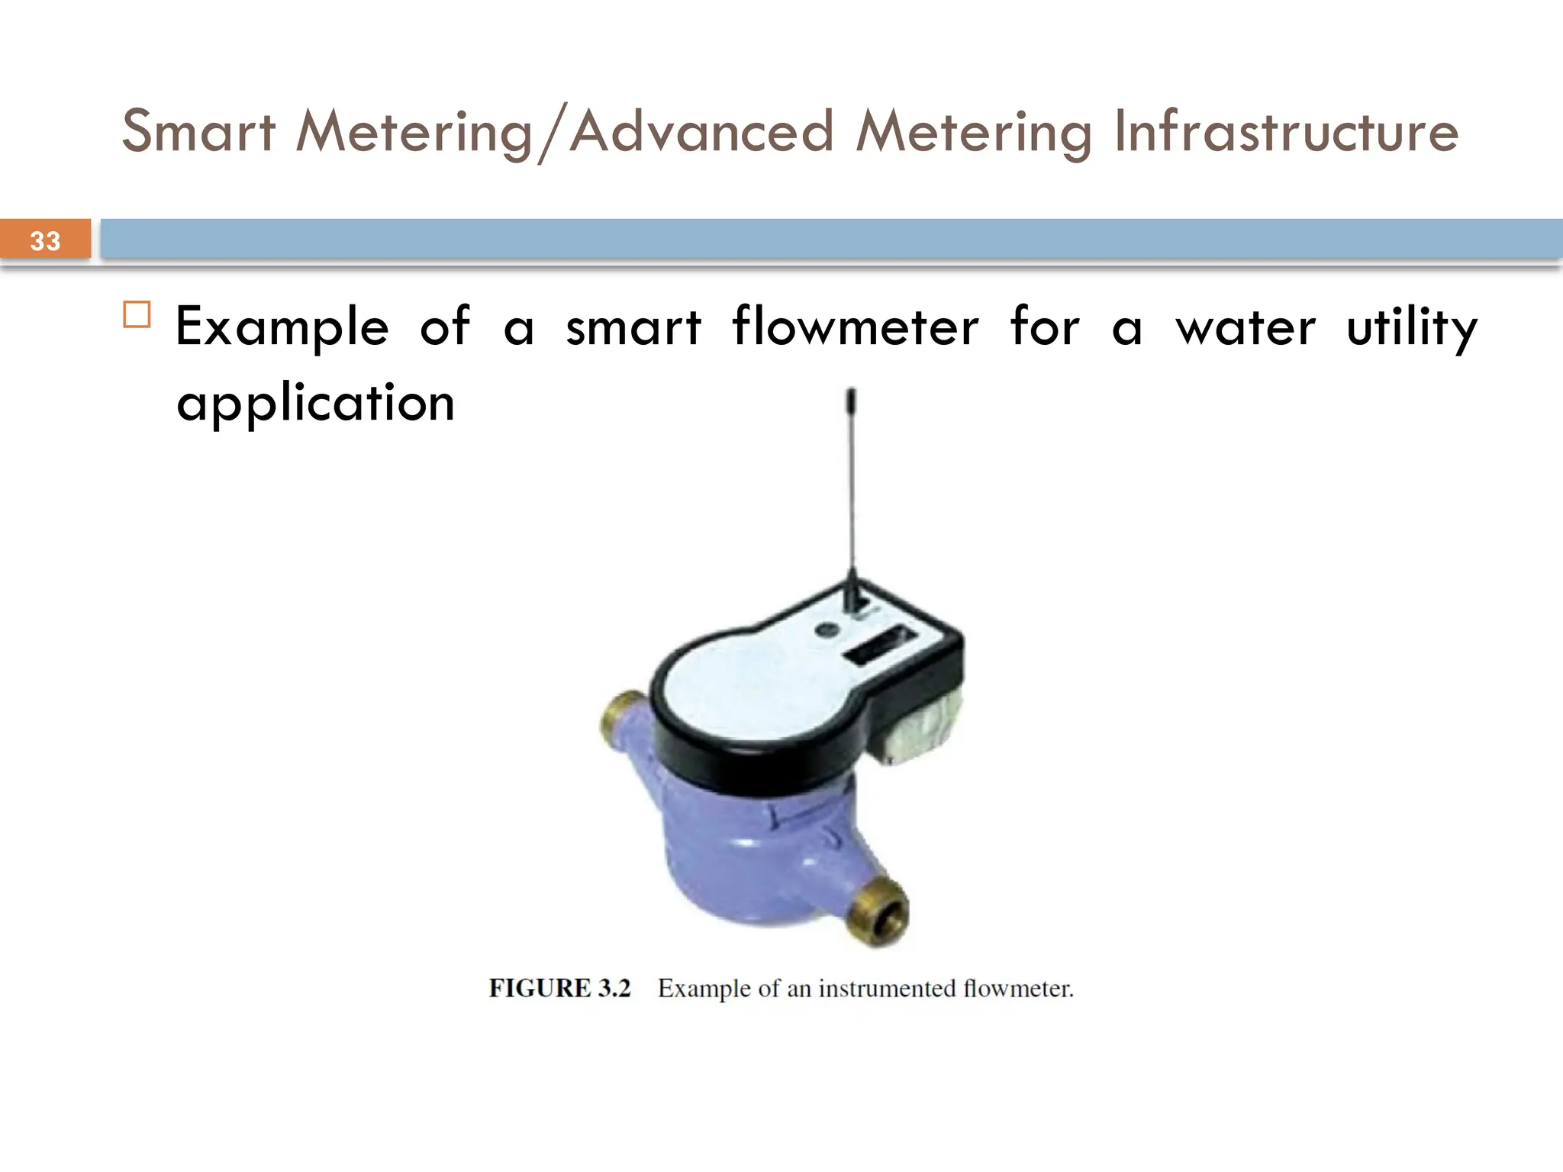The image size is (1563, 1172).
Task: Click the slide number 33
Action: point(45,241)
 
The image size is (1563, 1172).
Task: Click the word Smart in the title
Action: point(198,131)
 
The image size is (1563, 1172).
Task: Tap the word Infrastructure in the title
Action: point(1286,131)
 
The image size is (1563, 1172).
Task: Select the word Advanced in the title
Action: point(701,131)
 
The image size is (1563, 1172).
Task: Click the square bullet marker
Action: point(137,314)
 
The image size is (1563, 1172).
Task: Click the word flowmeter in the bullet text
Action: point(855,327)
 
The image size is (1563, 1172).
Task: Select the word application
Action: point(315,403)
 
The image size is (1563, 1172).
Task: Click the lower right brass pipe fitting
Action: point(881,912)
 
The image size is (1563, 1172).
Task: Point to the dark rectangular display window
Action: point(879,645)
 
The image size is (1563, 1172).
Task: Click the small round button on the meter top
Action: point(825,629)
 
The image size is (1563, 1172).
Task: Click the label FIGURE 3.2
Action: point(559,988)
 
